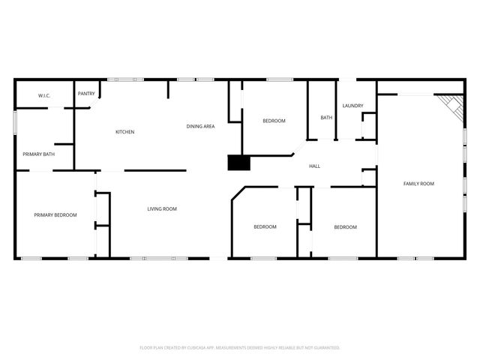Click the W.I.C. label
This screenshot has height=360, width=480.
point(33,96)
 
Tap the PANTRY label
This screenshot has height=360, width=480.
point(86,94)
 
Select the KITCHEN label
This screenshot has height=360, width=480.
point(124,133)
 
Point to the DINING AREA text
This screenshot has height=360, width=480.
point(200,126)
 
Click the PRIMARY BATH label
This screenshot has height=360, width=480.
point(38,154)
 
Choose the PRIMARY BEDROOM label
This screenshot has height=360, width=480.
point(55,215)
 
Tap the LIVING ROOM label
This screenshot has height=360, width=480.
point(161,208)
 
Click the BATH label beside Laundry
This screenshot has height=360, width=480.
point(326,118)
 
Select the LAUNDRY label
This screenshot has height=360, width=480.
point(352,106)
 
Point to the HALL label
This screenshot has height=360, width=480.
point(315,166)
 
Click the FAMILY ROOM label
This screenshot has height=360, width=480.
point(418,184)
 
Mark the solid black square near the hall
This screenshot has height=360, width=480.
point(238,163)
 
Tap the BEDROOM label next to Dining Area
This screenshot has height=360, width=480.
point(274,121)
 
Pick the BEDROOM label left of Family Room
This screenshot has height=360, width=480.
point(345,227)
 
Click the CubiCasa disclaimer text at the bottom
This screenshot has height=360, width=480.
point(240,348)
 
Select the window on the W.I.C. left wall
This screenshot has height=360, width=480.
point(15,123)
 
